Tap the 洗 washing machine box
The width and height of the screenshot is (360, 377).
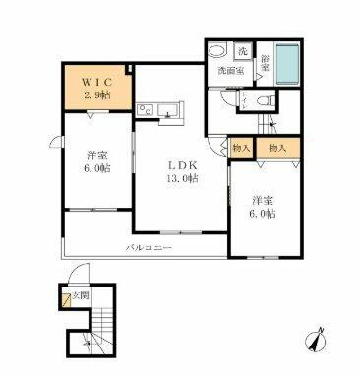tap(243, 51)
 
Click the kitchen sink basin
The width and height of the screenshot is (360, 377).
tap(163, 108)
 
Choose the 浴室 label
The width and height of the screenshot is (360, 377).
tap(265, 64)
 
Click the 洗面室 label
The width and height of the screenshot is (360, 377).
tap(228, 72)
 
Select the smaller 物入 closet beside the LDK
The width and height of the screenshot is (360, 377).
tap(240, 148)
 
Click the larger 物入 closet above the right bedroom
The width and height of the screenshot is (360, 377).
tap(276, 148)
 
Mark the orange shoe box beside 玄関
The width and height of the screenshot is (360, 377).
tap(65, 299)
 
